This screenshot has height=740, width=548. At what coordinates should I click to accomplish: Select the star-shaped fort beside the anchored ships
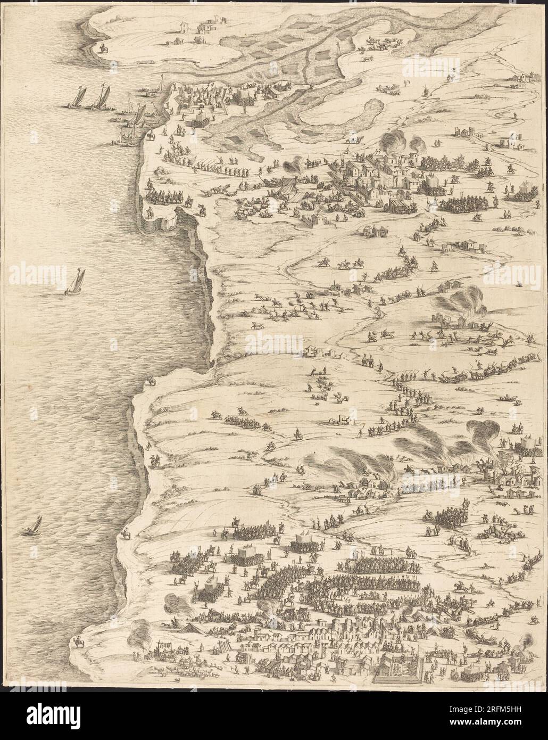click(x=198, y=105)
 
